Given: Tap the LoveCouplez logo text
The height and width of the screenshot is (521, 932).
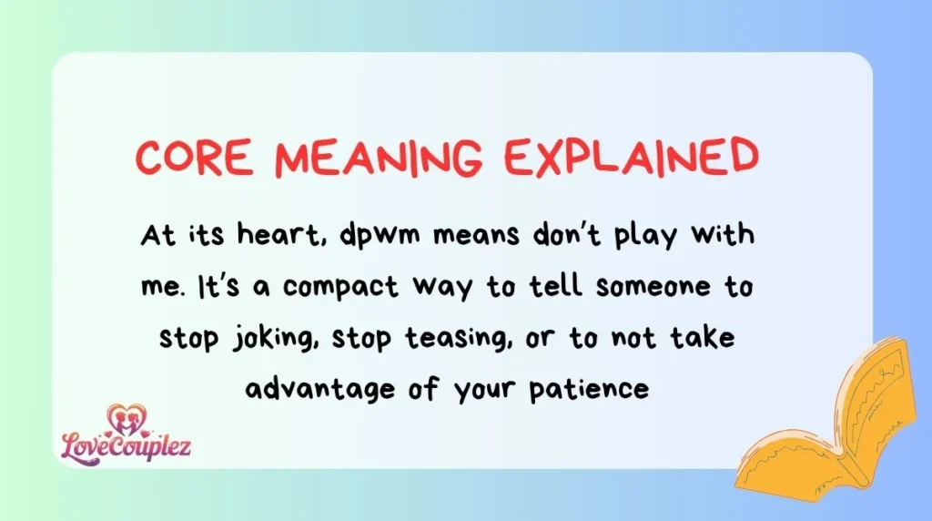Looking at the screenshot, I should (x=127, y=447).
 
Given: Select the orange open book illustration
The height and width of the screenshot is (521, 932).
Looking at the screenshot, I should (x=832, y=420).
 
